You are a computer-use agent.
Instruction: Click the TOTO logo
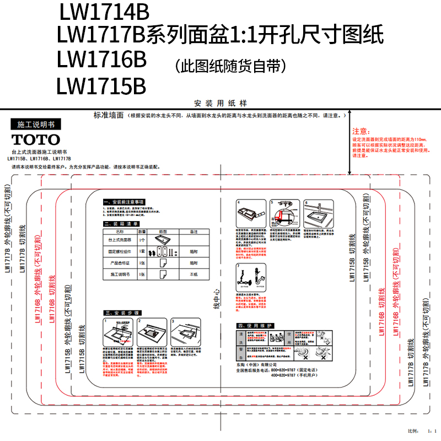pyautogui.click(x=36, y=139)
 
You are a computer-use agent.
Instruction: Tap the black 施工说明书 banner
pyautogui.click(x=36, y=125)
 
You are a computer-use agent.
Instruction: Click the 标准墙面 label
pyautogui.click(x=108, y=116)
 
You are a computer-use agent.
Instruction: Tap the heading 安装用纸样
pyautogui.click(x=220, y=103)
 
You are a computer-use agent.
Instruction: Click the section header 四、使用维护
pyautogui.click(x=254, y=326)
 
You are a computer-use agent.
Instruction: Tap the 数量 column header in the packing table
pyautogui.click(x=142, y=232)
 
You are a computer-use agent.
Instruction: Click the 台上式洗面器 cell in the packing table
pyautogui.click(x=120, y=240)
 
